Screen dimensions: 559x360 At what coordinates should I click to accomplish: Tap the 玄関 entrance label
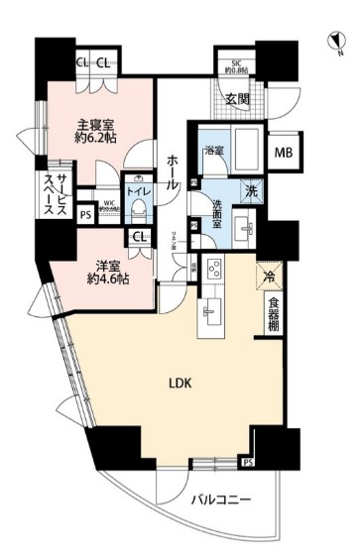click(x=236, y=98)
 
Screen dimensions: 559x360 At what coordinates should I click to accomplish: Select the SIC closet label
click(x=237, y=67)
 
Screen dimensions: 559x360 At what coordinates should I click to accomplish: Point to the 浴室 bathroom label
click(x=213, y=151)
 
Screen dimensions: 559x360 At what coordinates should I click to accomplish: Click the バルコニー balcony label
click(x=220, y=500)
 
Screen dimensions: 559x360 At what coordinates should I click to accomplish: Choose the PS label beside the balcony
click(x=247, y=462)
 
